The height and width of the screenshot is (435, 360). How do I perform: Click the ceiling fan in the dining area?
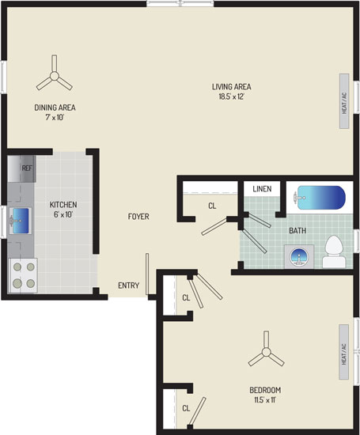[x=54, y=76]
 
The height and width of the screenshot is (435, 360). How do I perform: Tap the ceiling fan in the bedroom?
[x=266, y=352]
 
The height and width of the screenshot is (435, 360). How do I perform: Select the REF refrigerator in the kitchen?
[x=21, y=168]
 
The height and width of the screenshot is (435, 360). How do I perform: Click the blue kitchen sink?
[x=21, y=221]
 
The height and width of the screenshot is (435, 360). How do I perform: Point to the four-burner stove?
[x=23, y=275]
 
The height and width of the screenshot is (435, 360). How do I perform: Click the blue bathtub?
[x=321, y=198]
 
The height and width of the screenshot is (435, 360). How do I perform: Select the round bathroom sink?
[x=299, y=256]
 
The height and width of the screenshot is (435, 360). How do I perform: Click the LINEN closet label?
[x=262, y=189]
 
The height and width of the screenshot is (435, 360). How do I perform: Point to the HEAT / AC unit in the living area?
[x=344, y=101]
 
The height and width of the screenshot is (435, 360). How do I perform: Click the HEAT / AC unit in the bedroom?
[x=343, y=352]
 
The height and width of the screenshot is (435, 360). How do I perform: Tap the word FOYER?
[x=138, y=217]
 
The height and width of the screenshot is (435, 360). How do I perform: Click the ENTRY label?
[x=128, y=286]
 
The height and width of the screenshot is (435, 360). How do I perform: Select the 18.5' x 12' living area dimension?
[x=231, y=96]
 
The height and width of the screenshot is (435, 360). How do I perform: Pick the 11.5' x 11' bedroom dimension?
[x=265, y=400]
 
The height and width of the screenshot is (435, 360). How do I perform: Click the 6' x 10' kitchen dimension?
[x=63, y=214]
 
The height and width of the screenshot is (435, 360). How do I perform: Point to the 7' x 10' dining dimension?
[x=55, y=117]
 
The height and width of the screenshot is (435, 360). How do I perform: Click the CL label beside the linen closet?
[x=212, y=206]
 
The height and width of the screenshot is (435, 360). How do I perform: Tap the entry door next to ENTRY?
[x=147, y=274]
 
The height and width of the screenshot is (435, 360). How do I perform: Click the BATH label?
[x=297, y=230]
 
